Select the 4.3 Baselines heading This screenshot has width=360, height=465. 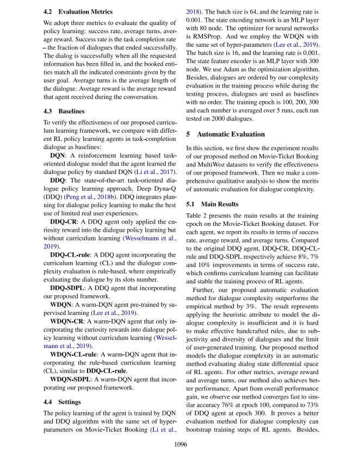pyautogui.click(x=64, y=111)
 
